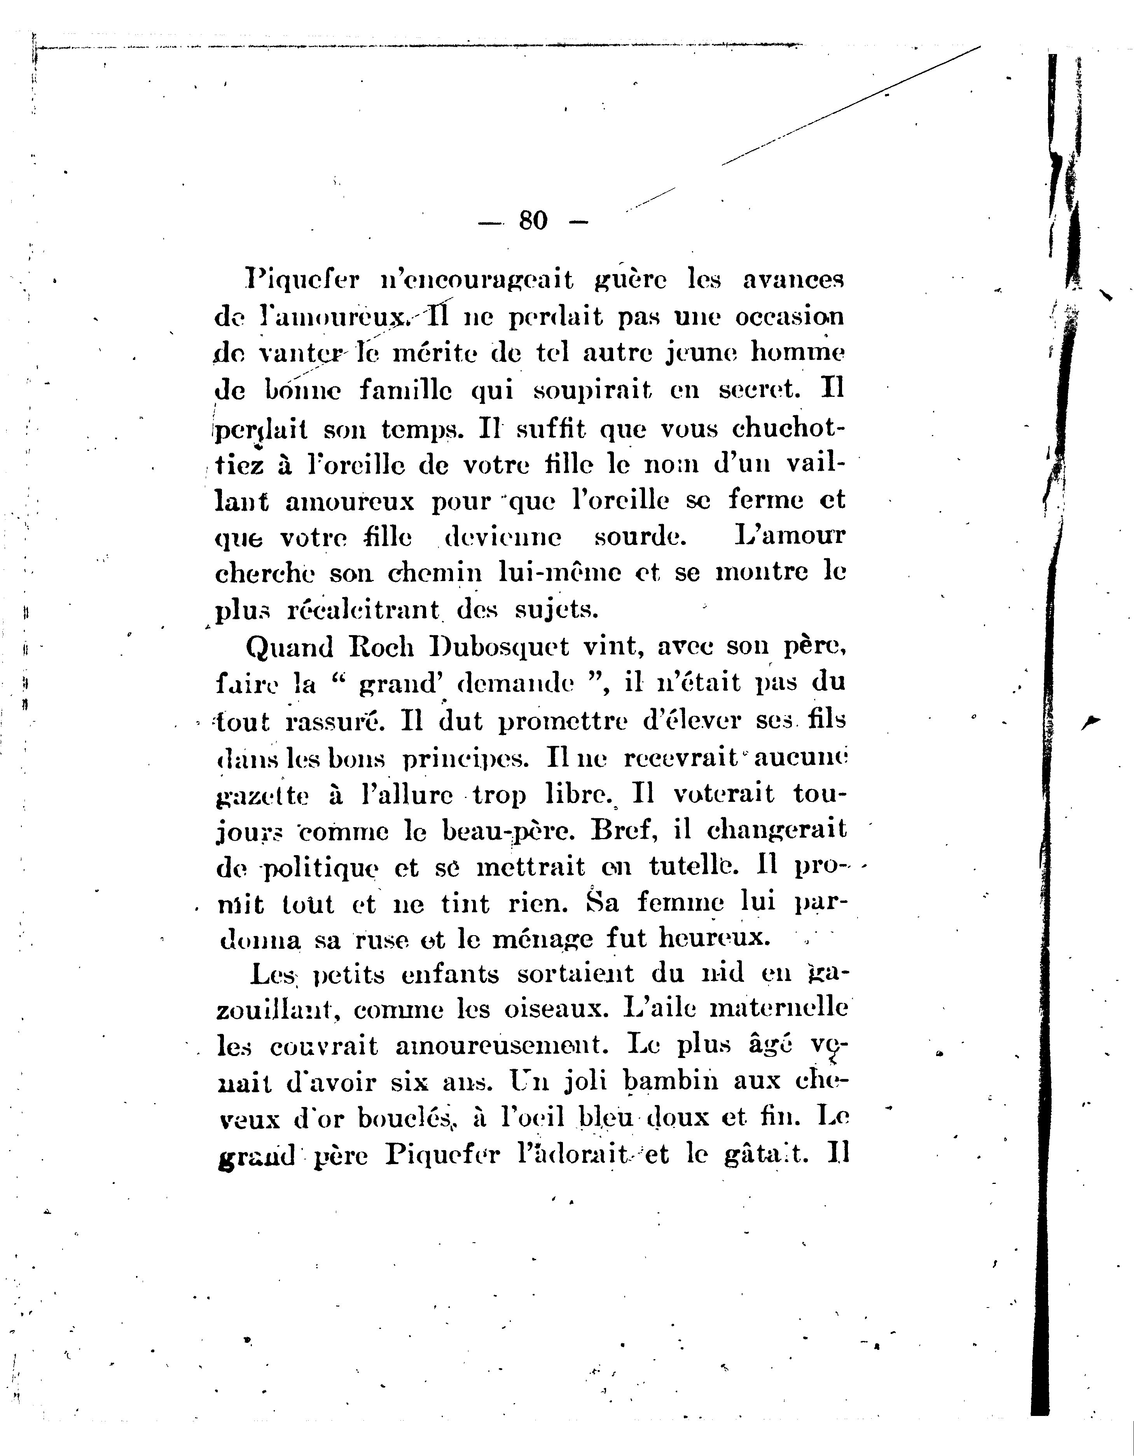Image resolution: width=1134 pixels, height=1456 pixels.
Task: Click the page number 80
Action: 533,220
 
